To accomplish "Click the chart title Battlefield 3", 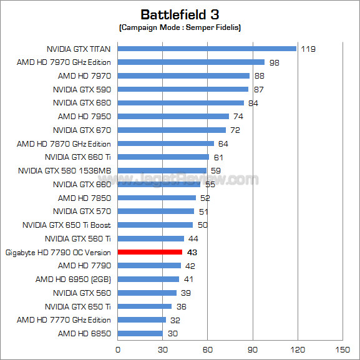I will (180, 14).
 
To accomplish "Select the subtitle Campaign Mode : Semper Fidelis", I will (180, 28).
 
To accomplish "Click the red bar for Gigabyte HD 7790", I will (150, 252).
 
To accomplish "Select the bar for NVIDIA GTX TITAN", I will (207, 49).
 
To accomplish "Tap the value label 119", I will (307, 49).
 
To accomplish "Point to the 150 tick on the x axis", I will (343, 349).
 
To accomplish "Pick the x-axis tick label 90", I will (253, 349).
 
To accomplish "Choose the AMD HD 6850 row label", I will (84, 334).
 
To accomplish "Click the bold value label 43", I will (192, 252).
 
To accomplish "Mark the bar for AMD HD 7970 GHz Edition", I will (191, 62).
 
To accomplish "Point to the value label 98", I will (274, 62).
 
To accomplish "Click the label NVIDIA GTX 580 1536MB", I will (64, 171).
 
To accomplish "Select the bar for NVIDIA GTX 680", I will (180, 103).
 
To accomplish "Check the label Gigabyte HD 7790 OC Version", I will (58, 253).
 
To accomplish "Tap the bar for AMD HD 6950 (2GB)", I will (148, 280).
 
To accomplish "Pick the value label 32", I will (175, 320).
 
